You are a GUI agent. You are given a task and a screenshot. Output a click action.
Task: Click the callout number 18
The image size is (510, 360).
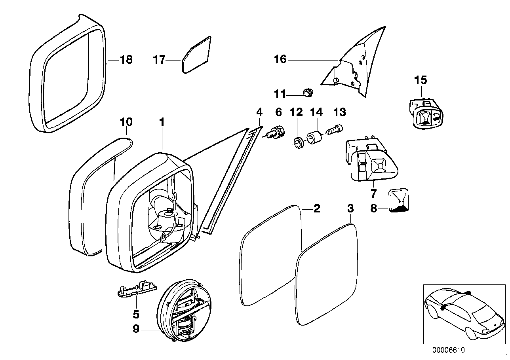pyautogui.click(x=126, y=60)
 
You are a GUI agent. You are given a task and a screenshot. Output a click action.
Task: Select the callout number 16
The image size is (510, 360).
pyautogui.click(x=280, y=60)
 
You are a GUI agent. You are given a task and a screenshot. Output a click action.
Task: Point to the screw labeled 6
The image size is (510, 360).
pyautogui.click(x=276, y=131)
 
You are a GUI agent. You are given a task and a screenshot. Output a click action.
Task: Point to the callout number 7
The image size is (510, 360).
pyautogui.click(x=373, y=194)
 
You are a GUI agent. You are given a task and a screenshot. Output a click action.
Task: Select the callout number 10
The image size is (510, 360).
pyautogui.click(x=126, y=122)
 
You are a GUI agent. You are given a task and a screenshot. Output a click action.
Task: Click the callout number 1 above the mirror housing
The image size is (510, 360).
pyautogui.click(x=162, y=122)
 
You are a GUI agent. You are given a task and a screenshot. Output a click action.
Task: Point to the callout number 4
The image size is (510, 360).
pyautogui.click(x=259, y=112)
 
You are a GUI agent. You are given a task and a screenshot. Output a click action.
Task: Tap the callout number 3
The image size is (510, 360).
pyautogui.click(x=350, y=208)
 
